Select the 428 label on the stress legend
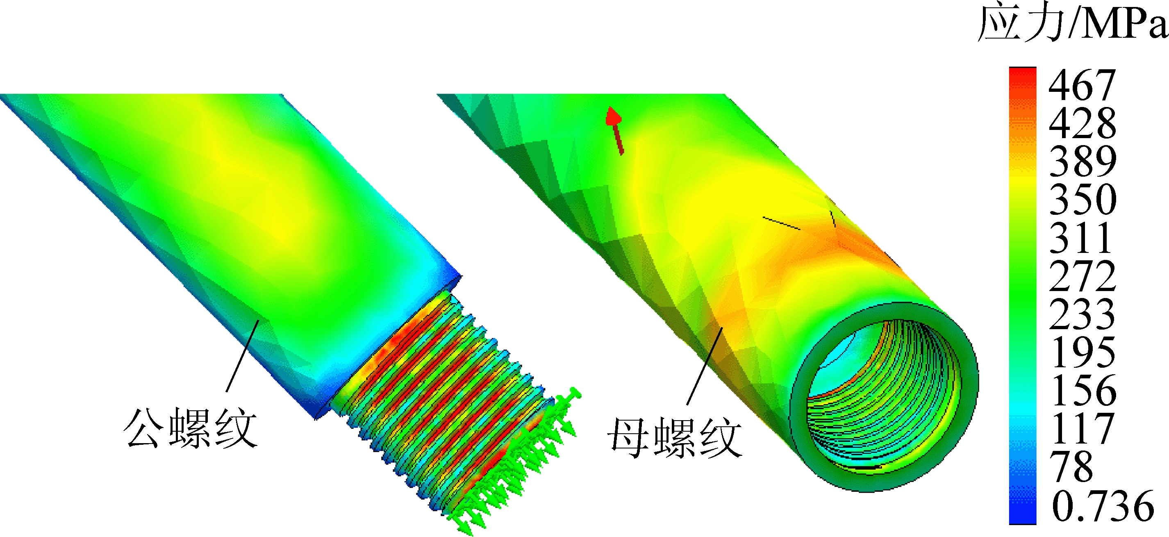(x=1083, y=123)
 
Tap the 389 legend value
(x=1083, y=161)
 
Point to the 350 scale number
(x=1083, y=199)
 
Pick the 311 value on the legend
(x=1080, y=237)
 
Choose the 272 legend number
(x=1083, y=275)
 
